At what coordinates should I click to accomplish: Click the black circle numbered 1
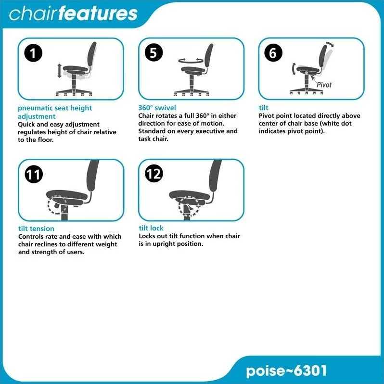tap(33, 53)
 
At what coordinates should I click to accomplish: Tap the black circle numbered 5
tap(154, 52)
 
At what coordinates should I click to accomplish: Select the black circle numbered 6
tap(273, 52)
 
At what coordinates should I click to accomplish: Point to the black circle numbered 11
tap(34, 174)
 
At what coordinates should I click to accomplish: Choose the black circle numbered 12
tap(154, 174)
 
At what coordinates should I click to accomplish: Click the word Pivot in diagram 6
tap(324, 85)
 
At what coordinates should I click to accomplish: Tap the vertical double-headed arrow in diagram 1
tap(59, 71)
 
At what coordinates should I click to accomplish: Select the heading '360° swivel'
tap(157, 108)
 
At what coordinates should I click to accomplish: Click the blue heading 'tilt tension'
tap(36, 229)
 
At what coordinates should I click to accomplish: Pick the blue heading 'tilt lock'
tap(151, 228)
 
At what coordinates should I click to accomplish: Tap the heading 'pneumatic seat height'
tap(55, 108)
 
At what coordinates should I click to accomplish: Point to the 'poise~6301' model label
tap(286, 371)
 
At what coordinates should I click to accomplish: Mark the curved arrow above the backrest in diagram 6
tap(330, 44)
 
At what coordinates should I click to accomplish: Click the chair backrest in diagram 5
tap(209, 55)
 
